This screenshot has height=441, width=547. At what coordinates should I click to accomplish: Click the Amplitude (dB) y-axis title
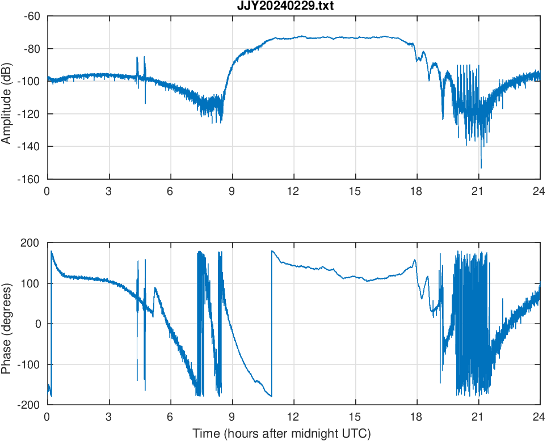[7, 97]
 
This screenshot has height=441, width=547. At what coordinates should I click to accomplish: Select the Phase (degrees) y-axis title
[7, 324]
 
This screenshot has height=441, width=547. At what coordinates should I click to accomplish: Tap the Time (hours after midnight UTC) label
[281, 434]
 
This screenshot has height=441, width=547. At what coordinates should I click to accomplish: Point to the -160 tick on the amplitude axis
[31, 179]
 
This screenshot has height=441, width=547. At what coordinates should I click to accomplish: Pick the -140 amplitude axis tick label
[31, 146]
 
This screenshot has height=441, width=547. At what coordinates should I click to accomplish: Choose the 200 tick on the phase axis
[35, 243]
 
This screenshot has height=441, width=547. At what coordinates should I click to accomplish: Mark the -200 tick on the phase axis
[33, 405]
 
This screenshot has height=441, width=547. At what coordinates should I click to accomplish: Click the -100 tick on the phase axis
[33, 364]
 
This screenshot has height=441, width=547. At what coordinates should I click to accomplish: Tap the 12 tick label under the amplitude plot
[293, 191]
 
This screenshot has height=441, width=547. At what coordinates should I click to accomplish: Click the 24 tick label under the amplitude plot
[540, 191]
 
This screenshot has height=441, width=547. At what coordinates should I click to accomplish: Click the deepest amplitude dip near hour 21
[481, 167]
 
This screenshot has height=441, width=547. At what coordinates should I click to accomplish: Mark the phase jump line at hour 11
[272, 323]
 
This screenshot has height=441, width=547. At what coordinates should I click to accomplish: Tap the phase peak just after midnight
[52, 251]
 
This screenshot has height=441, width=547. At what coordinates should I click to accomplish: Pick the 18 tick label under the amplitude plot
[416, 191]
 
